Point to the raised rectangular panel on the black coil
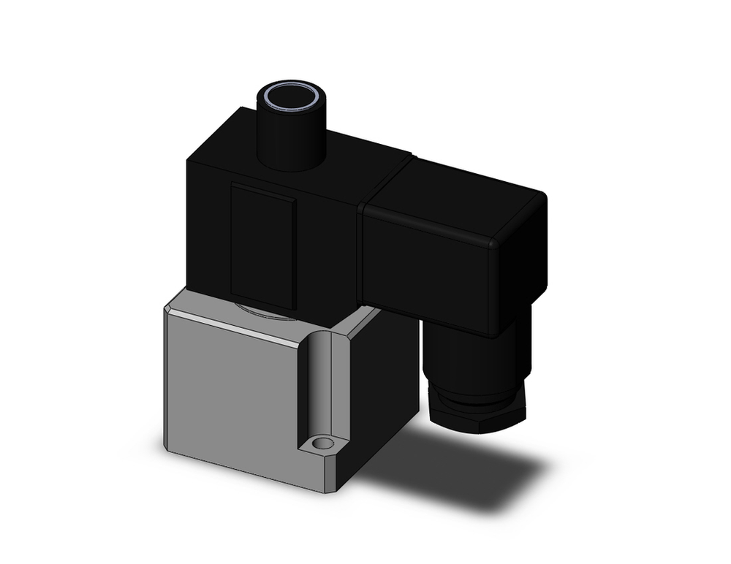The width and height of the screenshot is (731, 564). point(263,245)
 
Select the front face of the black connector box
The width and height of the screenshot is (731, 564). point(431,267)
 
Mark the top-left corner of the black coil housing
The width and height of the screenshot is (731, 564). point(192,155)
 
